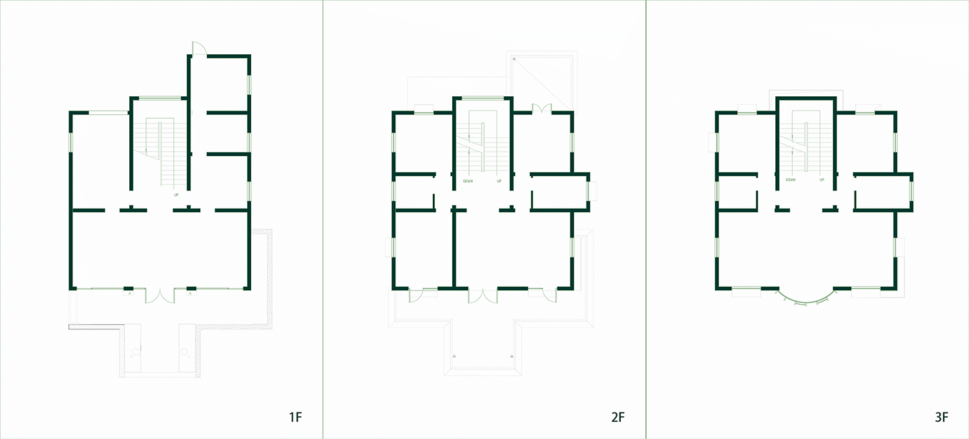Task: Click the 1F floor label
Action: click(295, 417)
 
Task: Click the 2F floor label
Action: click(618, 417)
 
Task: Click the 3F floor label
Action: click(941, 417)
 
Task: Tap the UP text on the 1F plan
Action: click(176, 194)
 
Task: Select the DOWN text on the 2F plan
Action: click(468, 181)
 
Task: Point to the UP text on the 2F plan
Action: click(499, 181)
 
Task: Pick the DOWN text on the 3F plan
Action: click(791, 180)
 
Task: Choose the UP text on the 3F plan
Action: click(822, 180)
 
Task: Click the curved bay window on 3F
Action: click(805, 300)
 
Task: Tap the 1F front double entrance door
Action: click(160, 296)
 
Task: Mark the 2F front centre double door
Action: click(483, 295)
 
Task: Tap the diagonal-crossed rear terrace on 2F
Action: click(541, 81)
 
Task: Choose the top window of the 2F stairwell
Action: click(483, 98)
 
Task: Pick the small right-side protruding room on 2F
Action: click(559, 192)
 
